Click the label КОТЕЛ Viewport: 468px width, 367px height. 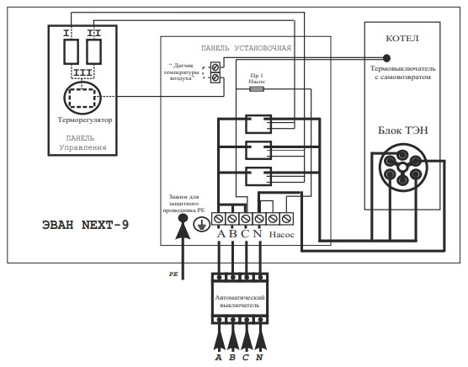[402, 39]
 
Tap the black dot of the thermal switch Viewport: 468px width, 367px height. [386, 58]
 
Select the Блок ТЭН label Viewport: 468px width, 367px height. [403, 130]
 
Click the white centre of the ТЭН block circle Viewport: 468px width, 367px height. [402, 168]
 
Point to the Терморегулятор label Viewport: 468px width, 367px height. [85, 120]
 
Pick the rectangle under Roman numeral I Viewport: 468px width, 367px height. [71, 51]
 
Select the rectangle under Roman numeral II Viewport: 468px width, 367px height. [93, 51]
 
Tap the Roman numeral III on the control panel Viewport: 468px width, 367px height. [82, 72]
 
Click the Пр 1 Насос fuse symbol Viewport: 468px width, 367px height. [257, 88]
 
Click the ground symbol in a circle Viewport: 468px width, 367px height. [201, 224]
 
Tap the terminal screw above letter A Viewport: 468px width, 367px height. [219, 219]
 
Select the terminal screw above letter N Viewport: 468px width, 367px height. [259, 219]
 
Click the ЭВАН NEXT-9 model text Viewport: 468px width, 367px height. [85, 225]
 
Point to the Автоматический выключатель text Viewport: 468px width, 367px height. [240, 301]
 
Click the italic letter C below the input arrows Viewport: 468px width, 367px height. [245, 358]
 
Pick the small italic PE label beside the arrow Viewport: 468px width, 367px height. [173, 274]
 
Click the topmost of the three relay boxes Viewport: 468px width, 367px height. [258, 124]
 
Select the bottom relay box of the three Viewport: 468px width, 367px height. [258, 176]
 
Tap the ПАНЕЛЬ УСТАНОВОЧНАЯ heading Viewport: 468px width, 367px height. [246, 48]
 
